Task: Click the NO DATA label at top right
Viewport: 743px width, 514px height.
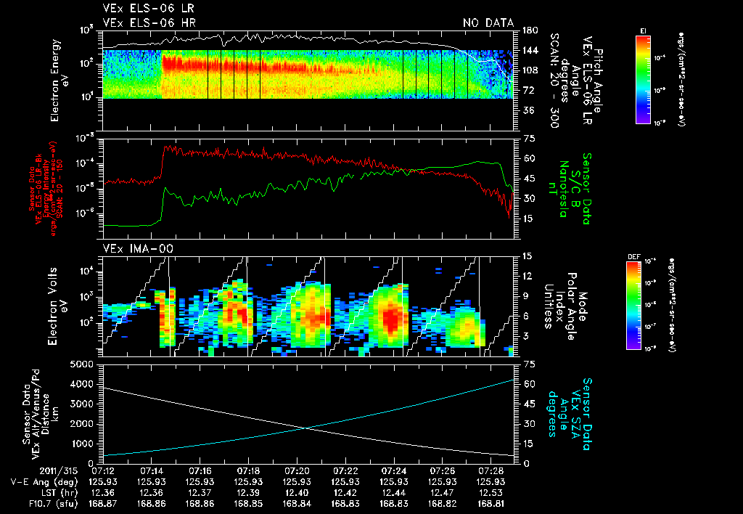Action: tap(488, 23)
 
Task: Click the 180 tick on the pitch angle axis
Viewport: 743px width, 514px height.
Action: tap(529, 30)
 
